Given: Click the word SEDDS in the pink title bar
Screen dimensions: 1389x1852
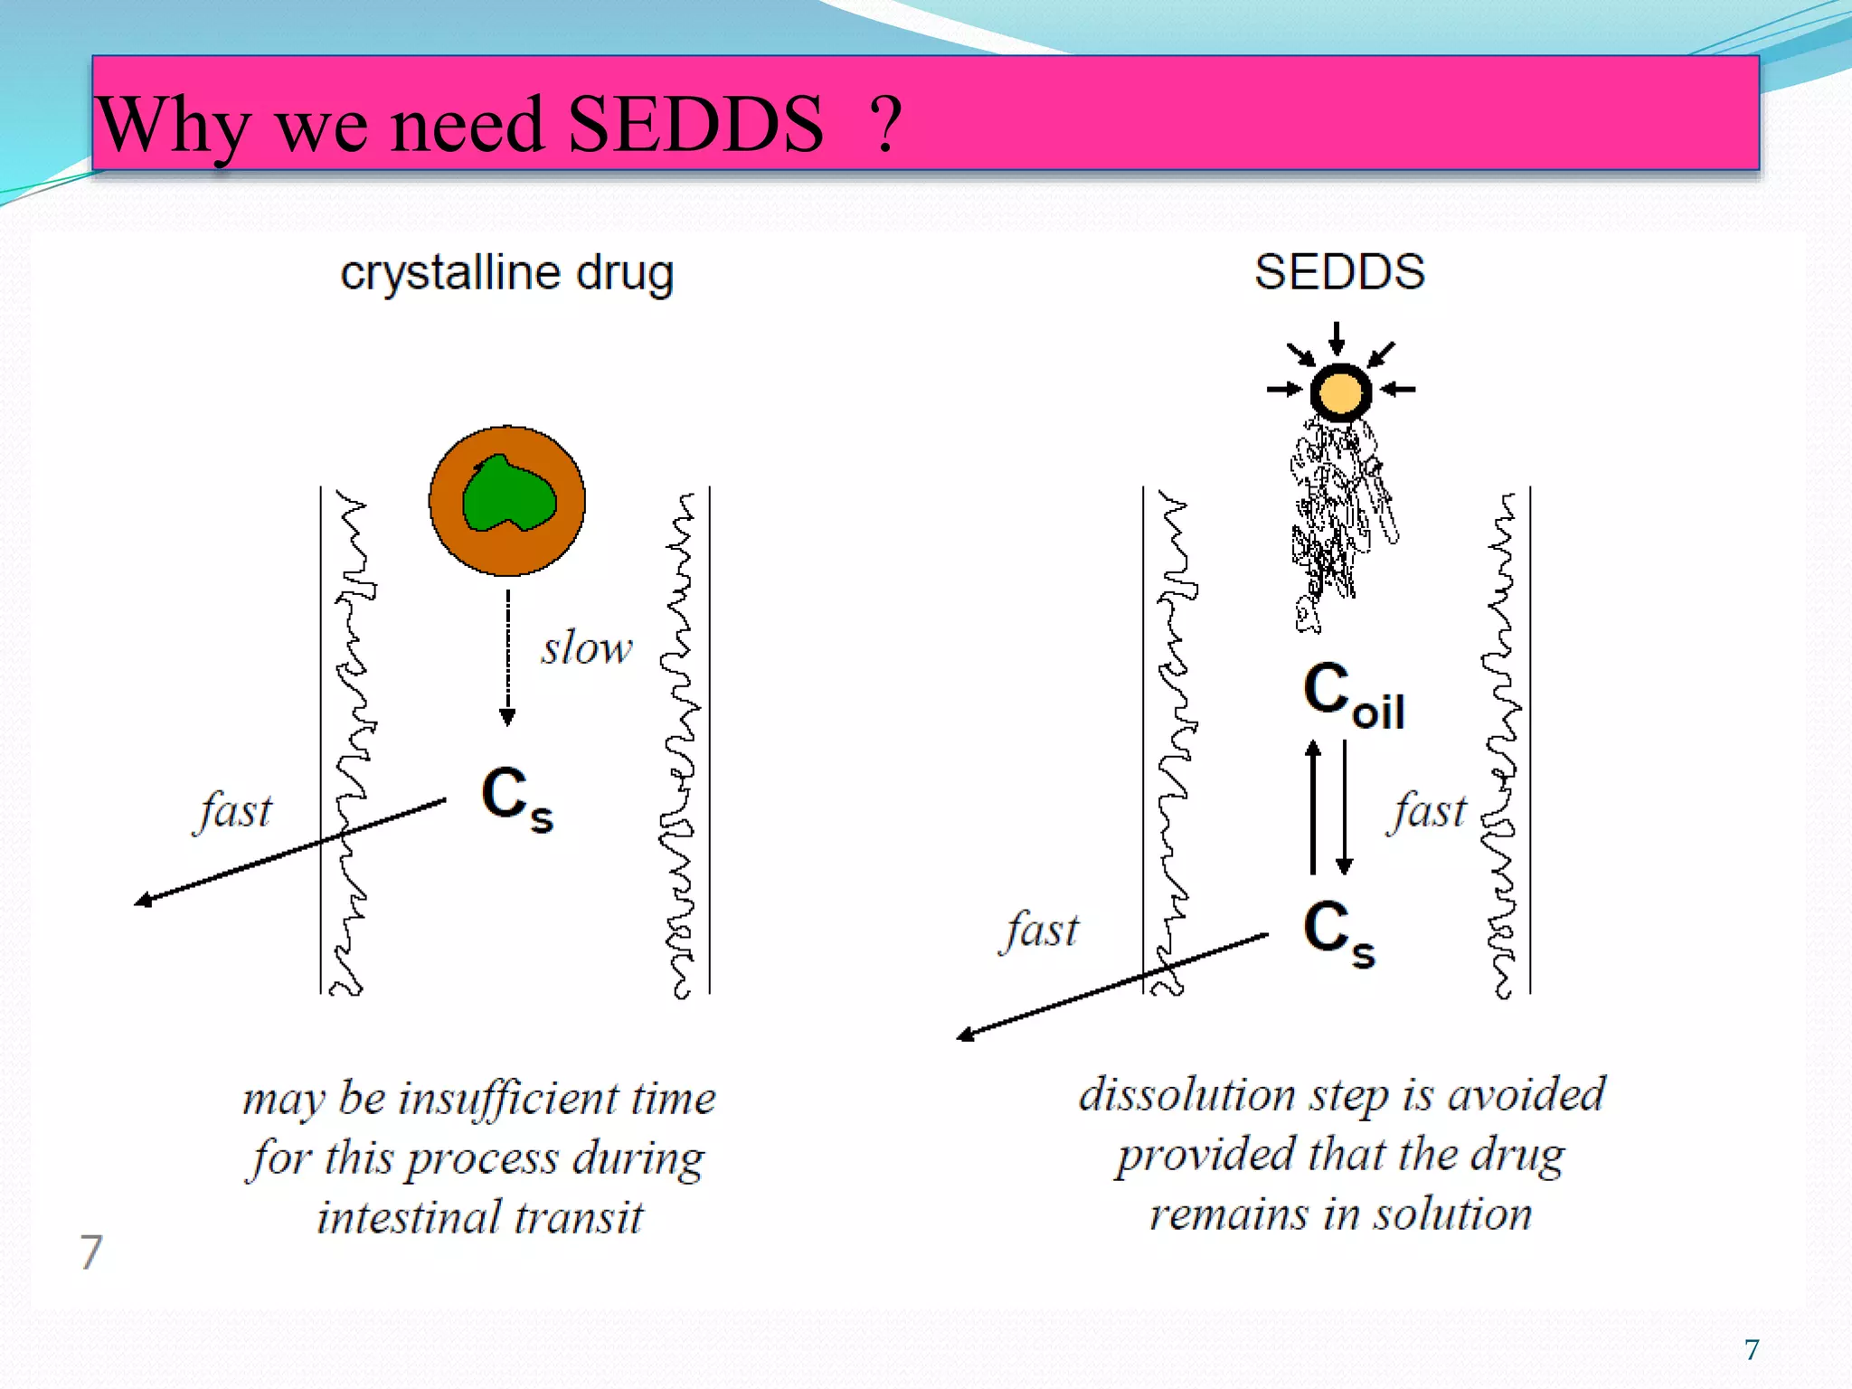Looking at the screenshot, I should (694, 125).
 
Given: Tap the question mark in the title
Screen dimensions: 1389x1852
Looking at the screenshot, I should (885, 125).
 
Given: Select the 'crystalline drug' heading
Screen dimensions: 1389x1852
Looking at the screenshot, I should (506, 273).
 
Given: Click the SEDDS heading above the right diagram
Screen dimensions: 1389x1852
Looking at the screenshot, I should (1339, 271).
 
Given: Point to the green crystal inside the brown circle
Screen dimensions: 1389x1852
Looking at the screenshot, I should (508, 495).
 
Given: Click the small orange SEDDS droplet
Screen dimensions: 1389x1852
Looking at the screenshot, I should (1340, 392).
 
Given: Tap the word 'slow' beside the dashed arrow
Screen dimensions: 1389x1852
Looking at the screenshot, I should (587, 648).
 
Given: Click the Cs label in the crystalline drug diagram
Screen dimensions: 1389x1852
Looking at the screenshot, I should (516, 798).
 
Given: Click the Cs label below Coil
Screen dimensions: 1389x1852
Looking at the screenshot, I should (1339, 932).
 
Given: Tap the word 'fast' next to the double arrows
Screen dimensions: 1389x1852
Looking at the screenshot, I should (1426, 811).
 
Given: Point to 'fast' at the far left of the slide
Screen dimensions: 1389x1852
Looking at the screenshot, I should (233, 811).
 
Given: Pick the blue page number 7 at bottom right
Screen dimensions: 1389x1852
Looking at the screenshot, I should (1752, 1349).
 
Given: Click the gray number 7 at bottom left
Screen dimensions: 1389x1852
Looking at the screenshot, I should (91, 1252).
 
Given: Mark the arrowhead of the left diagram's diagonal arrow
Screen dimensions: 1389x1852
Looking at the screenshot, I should (143, 900).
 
